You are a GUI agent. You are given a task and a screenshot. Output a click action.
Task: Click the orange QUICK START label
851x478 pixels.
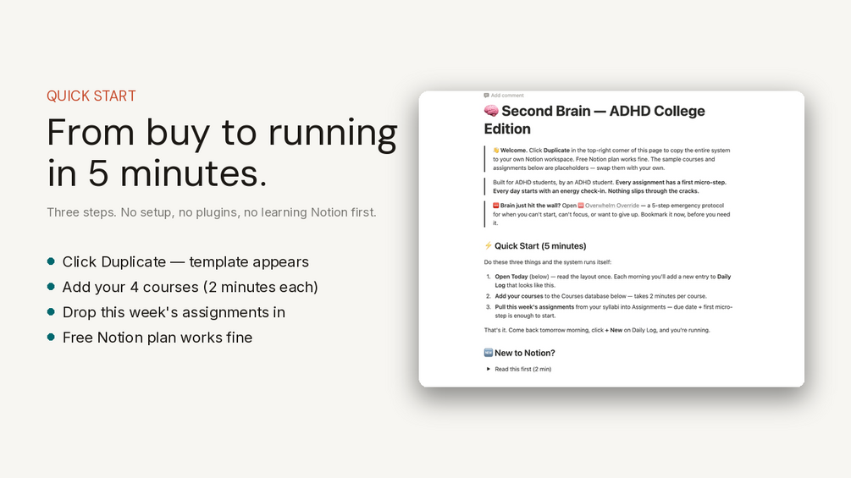[91, 96]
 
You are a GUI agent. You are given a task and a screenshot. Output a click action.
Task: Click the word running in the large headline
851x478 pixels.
[333, 134]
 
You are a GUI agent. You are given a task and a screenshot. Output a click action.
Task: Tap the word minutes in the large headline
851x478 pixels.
[193, 173]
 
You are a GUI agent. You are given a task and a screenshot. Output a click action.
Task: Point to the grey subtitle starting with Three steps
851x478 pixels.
[211, 212]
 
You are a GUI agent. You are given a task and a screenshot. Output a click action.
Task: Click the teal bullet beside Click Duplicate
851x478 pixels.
[51, 261]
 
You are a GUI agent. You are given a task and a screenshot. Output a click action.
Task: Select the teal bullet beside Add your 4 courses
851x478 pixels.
[51, 286]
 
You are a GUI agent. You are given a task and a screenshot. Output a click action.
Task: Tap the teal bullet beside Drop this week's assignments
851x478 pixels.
[51, 311]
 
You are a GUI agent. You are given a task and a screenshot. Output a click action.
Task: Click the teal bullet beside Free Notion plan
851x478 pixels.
[51, 337]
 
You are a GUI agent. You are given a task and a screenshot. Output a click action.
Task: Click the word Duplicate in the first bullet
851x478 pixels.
[133, 261]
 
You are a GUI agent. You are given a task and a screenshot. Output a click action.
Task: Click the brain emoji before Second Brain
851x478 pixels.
[491, 111]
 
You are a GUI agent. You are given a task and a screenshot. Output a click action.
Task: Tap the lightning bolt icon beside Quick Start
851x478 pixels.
[488, 245]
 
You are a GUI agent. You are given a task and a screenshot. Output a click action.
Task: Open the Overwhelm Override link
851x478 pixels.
[611, 206]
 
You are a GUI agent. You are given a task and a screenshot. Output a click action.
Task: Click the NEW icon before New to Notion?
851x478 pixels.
[489, 353]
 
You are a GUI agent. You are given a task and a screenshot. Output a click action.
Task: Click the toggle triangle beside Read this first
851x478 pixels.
[489, 369]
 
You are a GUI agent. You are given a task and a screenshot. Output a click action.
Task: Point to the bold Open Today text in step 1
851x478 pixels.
[511, 277]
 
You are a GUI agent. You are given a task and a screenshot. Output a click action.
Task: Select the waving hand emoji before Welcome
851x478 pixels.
[496, 150]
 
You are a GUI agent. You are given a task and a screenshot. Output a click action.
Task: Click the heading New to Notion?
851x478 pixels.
[525, 353]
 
